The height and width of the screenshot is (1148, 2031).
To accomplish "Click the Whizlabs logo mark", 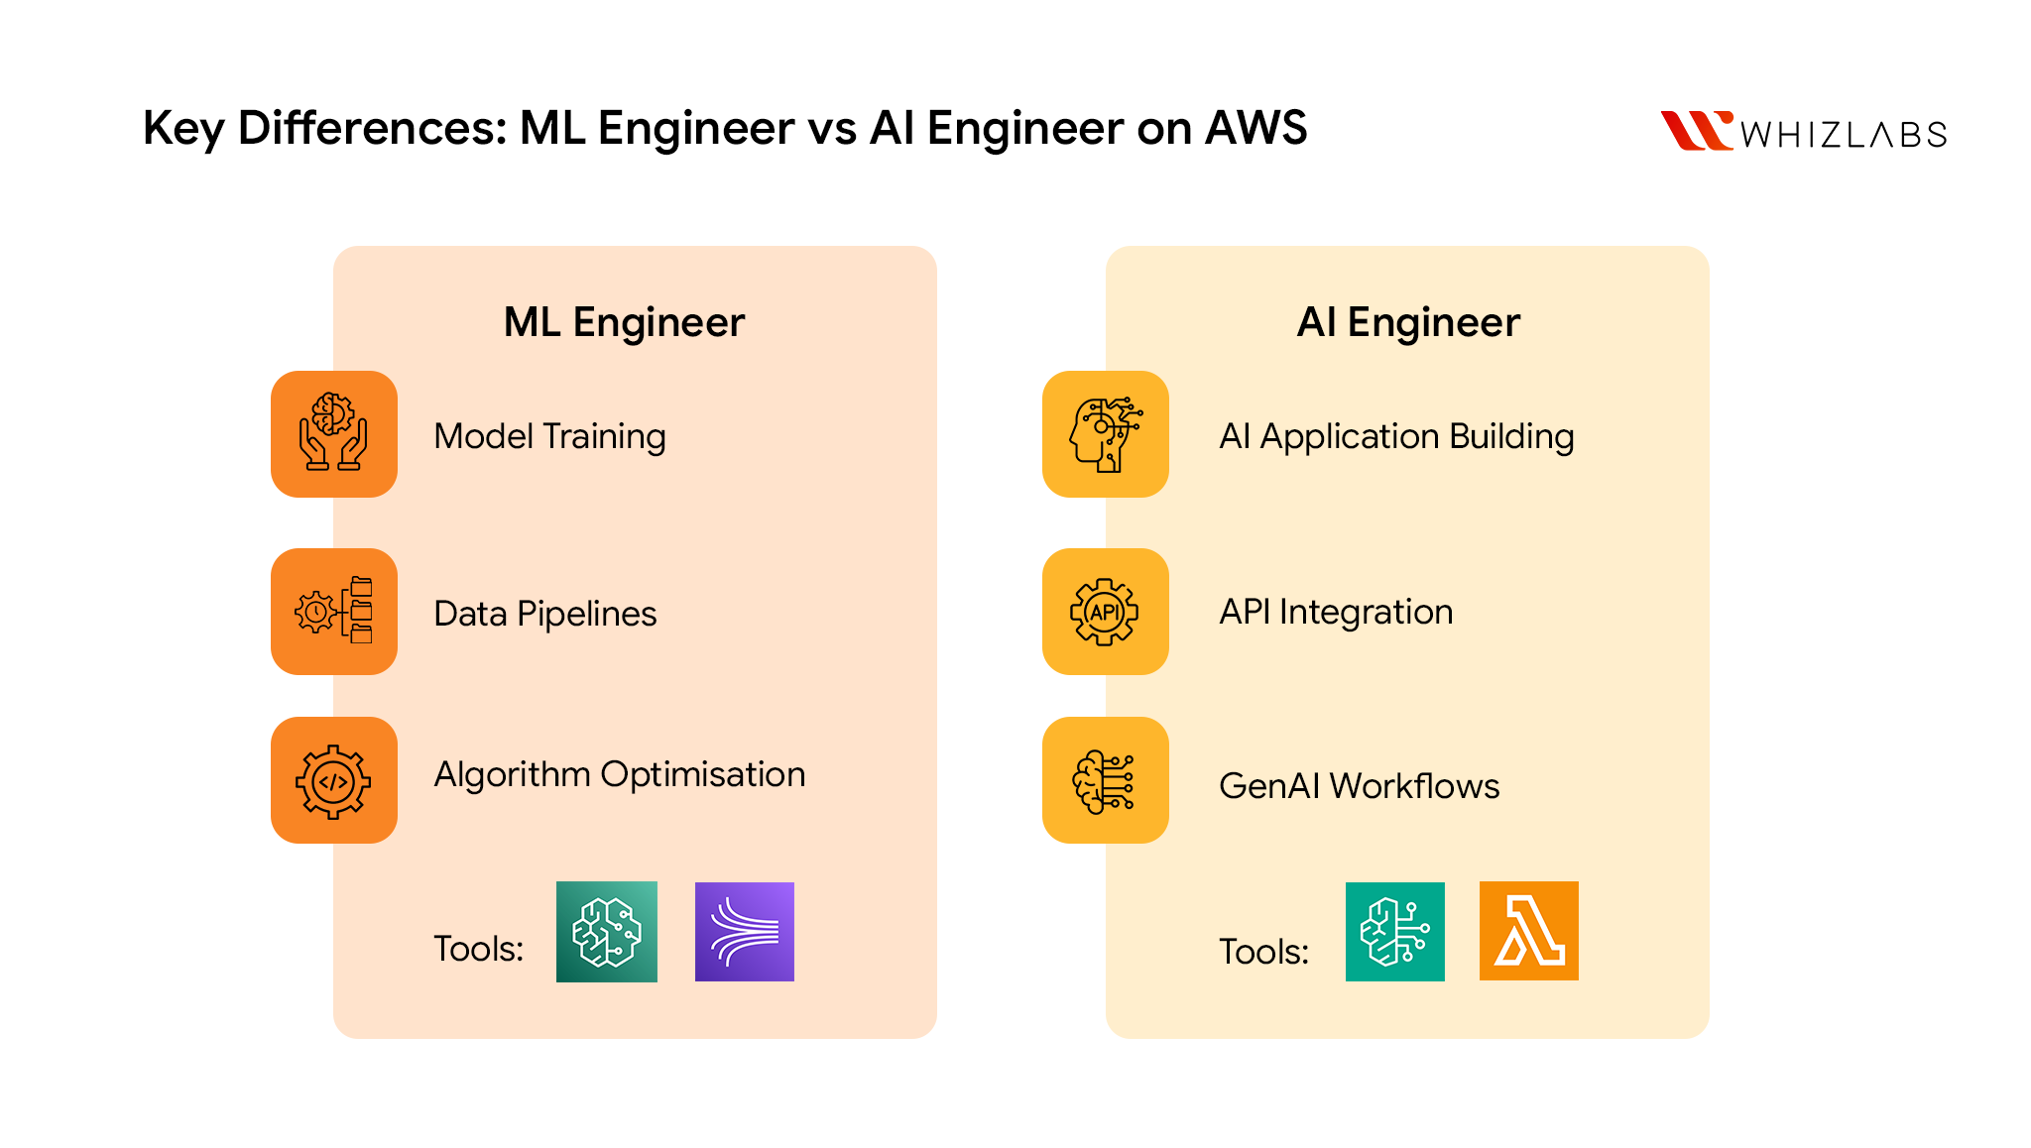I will [x=1696, y=130].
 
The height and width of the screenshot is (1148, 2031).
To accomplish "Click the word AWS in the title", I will [x=1255, y=128].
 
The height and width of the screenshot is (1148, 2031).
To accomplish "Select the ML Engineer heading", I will [x=624, y=322].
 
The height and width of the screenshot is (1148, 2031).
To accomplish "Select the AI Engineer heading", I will [x=1407, y=322].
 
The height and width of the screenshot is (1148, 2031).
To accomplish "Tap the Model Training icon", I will [x=334, y=434].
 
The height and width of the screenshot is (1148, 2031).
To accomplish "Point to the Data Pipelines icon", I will [x=334, y=612].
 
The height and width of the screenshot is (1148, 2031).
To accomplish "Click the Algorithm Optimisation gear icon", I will [x=334, y=780].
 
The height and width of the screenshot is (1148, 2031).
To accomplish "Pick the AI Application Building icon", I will [x=1106, y=434].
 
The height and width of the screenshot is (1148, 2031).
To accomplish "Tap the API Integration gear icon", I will [x=1106, y=612].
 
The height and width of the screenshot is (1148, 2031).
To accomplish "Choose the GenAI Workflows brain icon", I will [x=1106, y=780].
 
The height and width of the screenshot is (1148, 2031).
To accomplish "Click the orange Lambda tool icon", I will [x=1528, y=931].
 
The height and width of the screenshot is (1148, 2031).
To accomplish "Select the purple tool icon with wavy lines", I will [x=744, y=932].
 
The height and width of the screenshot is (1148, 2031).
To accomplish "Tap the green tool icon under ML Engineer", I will [x=606, y=932].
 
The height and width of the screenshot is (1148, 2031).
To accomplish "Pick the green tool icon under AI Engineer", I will [x=1394, y=932].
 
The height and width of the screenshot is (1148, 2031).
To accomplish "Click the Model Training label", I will [x=549, y=436].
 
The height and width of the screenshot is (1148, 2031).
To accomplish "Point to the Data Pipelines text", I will [x=544, y=614].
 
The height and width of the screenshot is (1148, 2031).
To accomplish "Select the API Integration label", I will [x=1336, y=612].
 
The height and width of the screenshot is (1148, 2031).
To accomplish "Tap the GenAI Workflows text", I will [x=1359, y=786].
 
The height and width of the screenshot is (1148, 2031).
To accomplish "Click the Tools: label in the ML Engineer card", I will [x=478, y=949].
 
